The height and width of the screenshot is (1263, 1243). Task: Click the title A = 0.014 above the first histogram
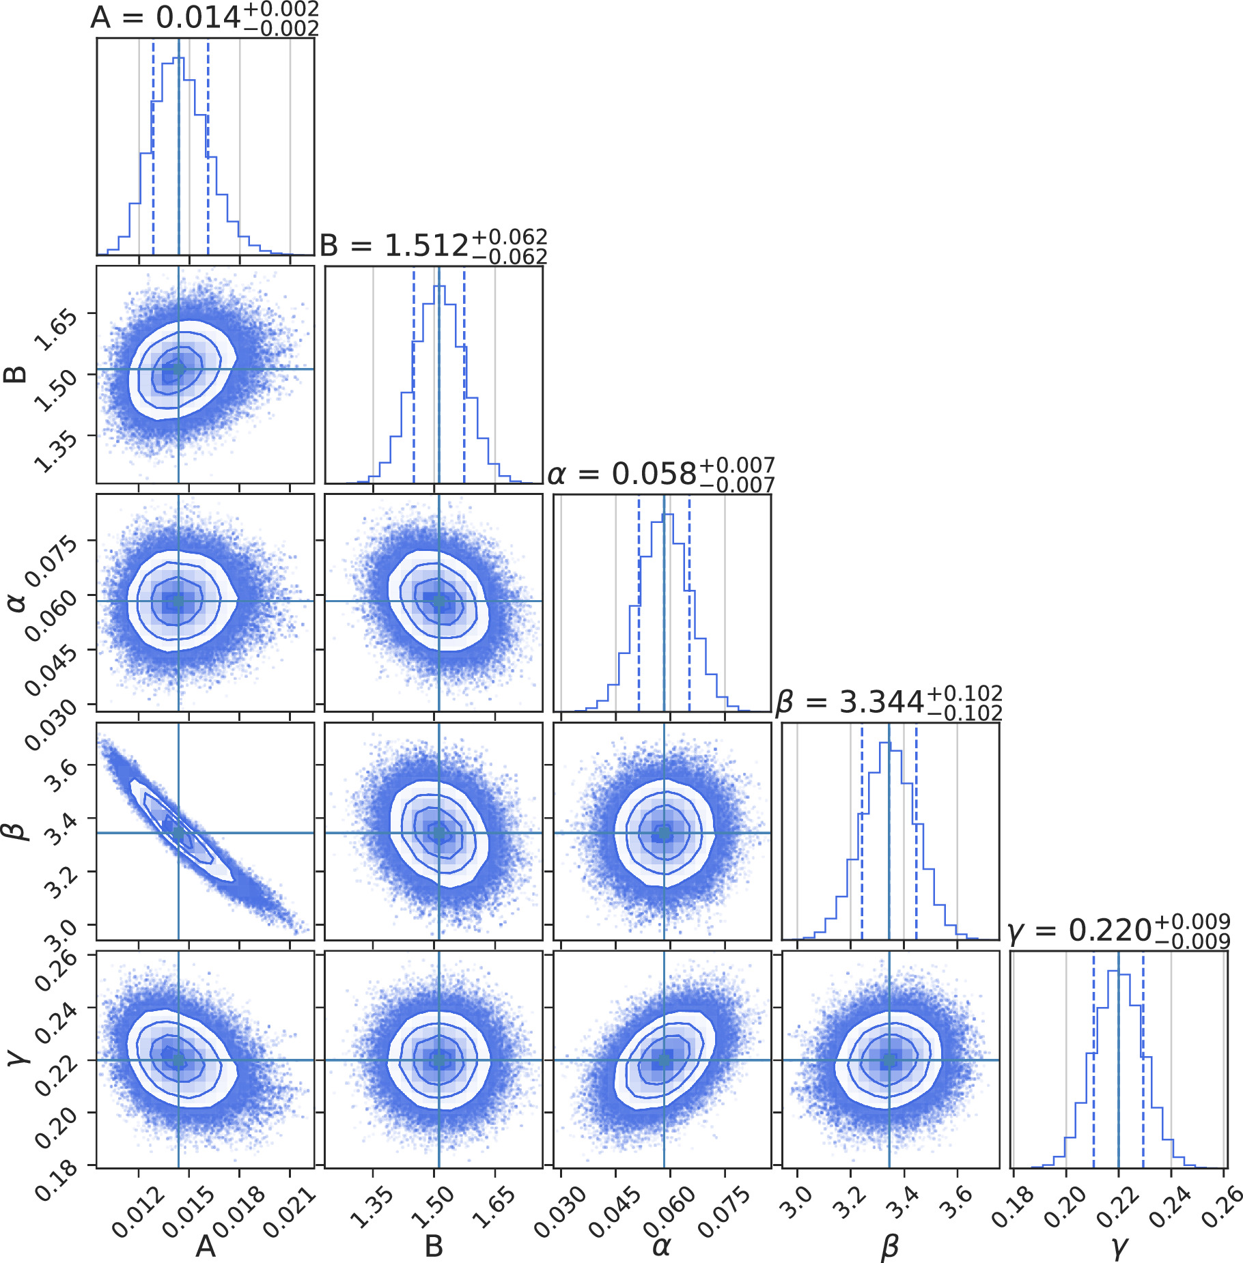point(204,17)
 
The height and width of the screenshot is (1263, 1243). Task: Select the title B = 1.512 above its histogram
point(433,245)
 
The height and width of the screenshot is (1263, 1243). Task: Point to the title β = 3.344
point(889,701)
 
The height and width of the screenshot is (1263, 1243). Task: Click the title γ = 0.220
point(1119,930)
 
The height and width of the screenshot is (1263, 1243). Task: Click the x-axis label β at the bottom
point(889,1246)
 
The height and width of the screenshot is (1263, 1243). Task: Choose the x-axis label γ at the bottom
point(1119,1247)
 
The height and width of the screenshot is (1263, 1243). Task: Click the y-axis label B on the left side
point(15,374)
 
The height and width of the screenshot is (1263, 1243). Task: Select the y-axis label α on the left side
point(15,601)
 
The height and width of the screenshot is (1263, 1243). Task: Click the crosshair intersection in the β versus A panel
point(178,833)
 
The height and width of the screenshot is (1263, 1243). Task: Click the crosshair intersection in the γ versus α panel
point(664,1060)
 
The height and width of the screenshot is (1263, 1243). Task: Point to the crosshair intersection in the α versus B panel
point(439,601)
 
